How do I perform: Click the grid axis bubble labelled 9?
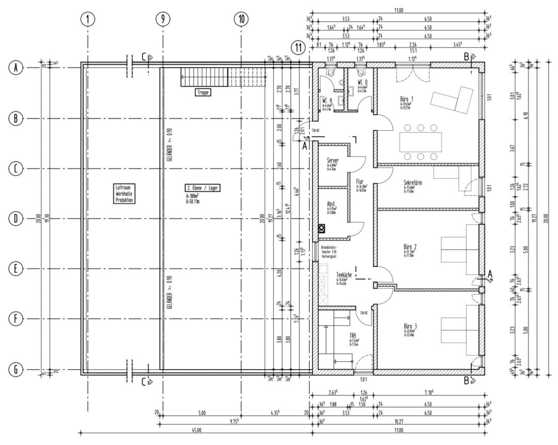tap(163, 19)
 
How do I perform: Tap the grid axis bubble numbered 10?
tap(241, 19)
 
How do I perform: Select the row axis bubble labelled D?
tap(16, 219)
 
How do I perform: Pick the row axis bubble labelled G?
tap(16, 370)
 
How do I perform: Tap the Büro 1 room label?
tap(407, 99)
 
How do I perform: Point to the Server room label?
tap(333, 161)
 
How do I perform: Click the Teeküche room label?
tap(344, 275)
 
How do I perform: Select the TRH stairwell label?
tap(353, 336)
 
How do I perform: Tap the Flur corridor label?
tap(360, 182)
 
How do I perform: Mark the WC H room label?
tap(327, 100)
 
